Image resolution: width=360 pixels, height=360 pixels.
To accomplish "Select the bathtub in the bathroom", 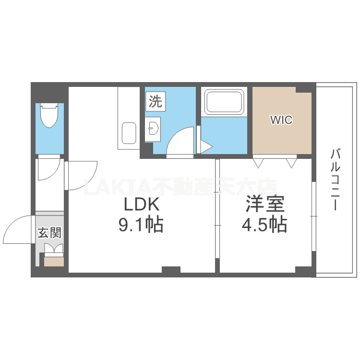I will click(223, 101).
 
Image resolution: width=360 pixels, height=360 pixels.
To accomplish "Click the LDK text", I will click(141, 205).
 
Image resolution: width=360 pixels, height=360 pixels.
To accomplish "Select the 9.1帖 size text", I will click(141, 224).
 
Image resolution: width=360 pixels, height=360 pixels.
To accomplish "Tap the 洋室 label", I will click(265, 205).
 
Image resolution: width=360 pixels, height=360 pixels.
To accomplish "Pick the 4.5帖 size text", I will click(264, 224).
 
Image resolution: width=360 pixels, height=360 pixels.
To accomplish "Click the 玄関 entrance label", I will click(49, 233).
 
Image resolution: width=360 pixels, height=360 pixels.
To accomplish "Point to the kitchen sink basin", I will click(129, 133).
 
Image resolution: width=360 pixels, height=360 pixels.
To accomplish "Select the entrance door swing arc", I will click(18, 229).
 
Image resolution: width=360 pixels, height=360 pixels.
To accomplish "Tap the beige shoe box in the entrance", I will click(54, 261).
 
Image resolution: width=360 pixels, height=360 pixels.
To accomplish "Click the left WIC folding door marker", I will click(259, 163).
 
